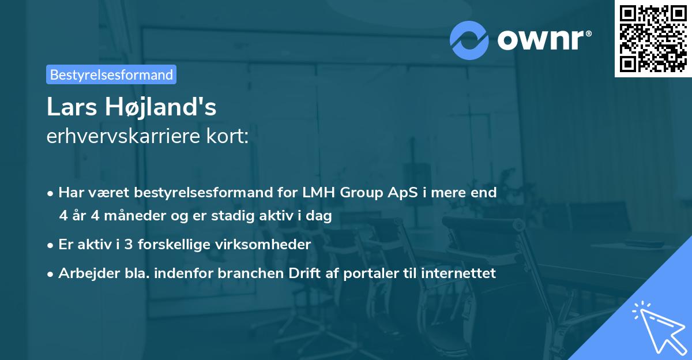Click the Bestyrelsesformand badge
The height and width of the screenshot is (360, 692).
tap(111, 74)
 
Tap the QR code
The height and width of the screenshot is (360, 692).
tap(653, 38)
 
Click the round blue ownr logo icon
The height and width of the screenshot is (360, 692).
tap(469, 40)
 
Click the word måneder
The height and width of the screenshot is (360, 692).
tap(125, 216)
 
